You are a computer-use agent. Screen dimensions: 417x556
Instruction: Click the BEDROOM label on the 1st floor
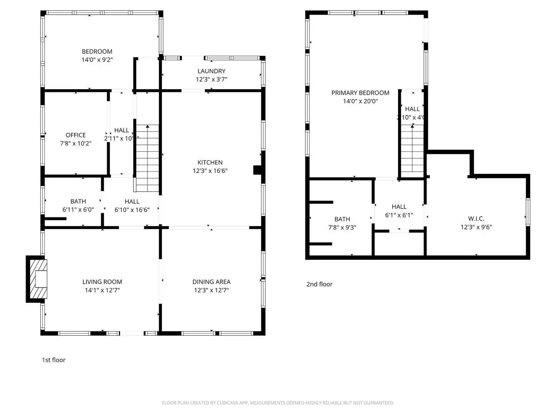(x=97, y=51)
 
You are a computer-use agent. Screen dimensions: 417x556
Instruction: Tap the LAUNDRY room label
(x=211, y=71)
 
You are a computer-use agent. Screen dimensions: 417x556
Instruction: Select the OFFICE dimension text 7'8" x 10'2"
(x=76, y=143)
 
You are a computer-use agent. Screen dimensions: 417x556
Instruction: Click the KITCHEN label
(x=210, y=163)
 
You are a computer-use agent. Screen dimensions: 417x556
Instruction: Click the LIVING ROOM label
(x=102, y=282)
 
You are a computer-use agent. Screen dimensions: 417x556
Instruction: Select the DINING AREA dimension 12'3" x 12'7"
(x=211, y=290)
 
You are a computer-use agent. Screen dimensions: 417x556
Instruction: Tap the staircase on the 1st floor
(x=147, y=158)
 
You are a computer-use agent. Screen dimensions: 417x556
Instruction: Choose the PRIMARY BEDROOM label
(x=360, y=93)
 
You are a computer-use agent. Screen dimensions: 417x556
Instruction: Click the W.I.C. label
(x=476, y=219)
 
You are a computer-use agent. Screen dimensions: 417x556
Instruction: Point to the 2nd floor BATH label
(x=342, y=219)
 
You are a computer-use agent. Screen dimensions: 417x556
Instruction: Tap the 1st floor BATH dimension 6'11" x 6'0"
(x=78, y=210)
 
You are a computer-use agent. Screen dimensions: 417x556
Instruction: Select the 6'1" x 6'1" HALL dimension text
(x=399, y=215)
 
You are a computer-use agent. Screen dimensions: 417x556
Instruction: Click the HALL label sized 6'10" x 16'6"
(x=132, y=201)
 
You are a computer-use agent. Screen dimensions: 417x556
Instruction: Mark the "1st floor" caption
(x=54, y=360)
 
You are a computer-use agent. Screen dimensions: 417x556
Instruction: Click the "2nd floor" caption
(x=319, y=284)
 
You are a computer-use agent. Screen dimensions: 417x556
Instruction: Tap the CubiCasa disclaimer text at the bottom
(x=278, y=403)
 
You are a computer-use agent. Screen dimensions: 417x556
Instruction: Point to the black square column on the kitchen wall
(x=257, y=170)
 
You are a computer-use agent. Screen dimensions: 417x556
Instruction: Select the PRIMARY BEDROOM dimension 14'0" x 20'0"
(x=360, y=101)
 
